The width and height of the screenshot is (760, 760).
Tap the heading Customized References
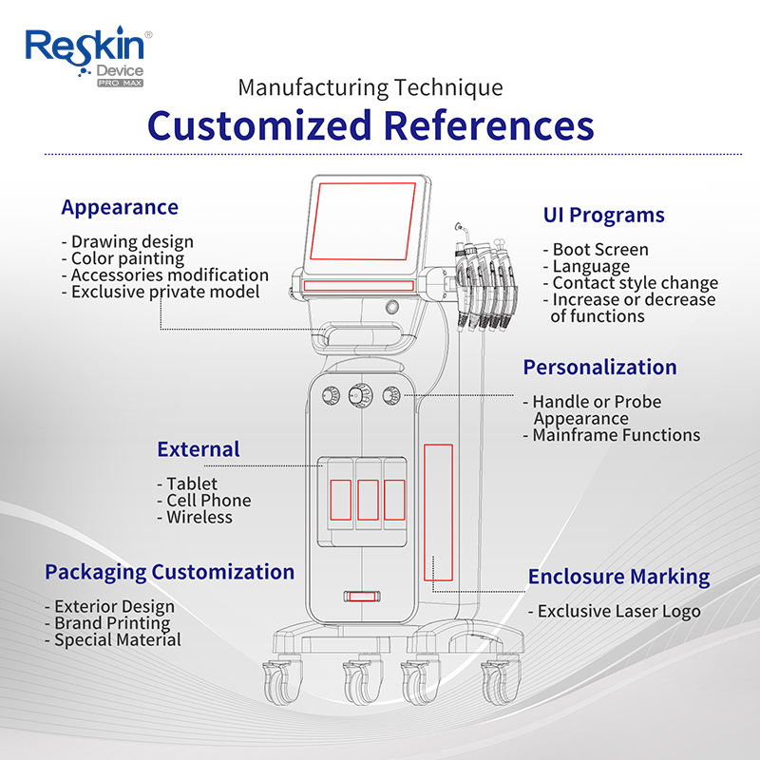click(370, 125)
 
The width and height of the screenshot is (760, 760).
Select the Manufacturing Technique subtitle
click(370, 87)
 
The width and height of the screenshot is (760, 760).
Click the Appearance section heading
click(120, 208)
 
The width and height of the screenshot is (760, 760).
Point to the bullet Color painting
click(123, 258)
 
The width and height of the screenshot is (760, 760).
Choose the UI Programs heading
click(603, 216)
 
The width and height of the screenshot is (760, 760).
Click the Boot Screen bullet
click(596, 249)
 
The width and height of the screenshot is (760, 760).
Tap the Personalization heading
click(599, 368)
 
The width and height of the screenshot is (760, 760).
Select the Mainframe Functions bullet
click(612, 435)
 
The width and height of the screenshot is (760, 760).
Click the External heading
click(199, 449)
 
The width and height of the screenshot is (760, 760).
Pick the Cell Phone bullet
click(204, 501)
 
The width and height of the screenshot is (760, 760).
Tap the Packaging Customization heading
click(170, 573)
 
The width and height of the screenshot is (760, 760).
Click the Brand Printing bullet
click(107, 623)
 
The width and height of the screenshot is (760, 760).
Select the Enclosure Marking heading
click(619, 577)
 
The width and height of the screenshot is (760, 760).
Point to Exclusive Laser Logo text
click(614, 611)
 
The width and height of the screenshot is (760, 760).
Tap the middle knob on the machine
click(361, 395)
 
